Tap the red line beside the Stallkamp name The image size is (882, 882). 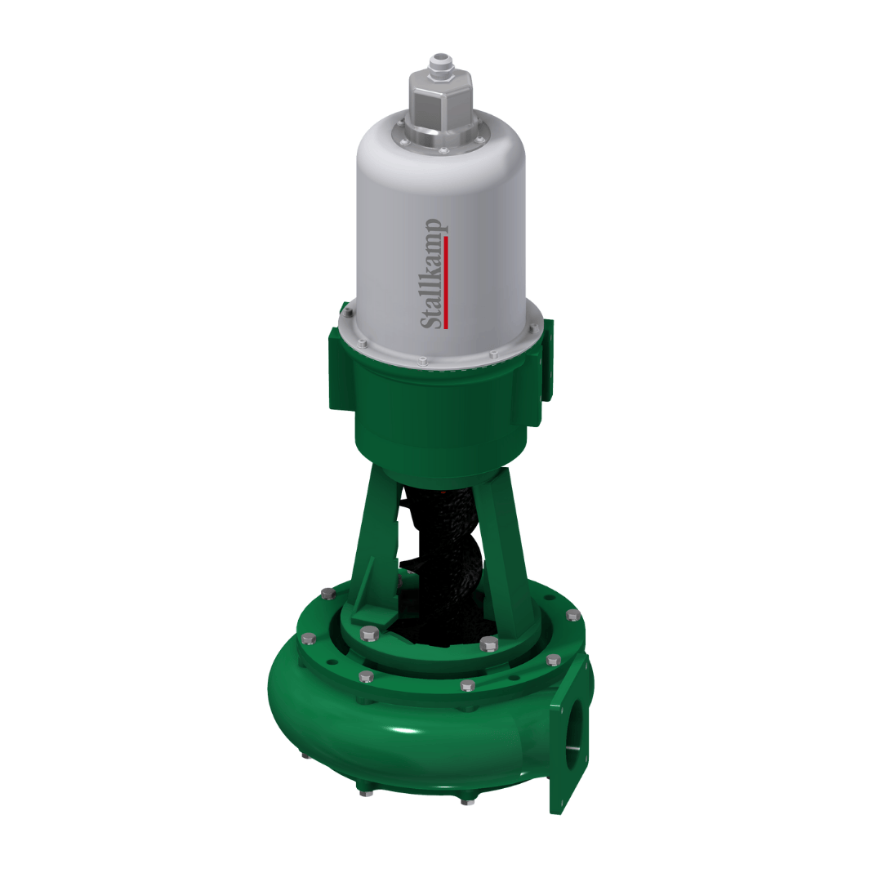coord(446,282)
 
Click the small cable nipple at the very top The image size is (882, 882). coord(442,64)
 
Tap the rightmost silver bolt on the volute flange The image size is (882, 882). coord(573,614)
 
